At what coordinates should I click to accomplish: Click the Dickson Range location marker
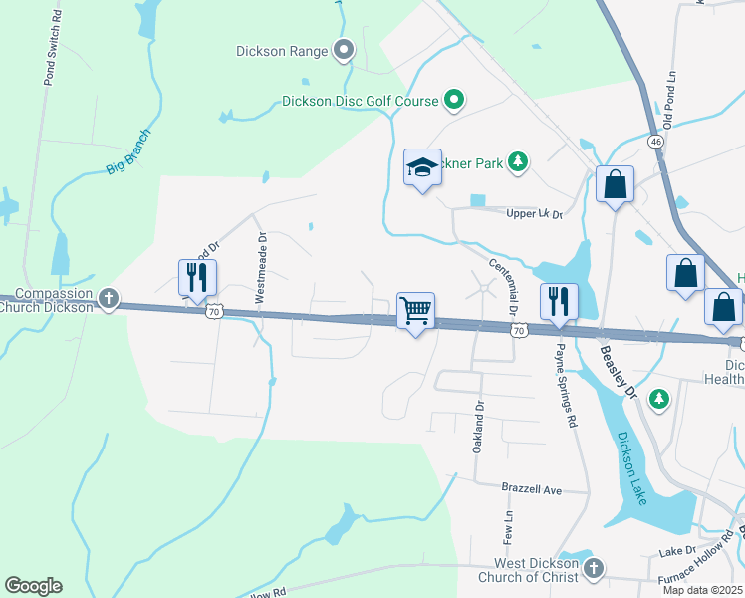pos(345,49)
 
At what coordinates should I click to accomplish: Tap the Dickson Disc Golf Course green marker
pos(454,100)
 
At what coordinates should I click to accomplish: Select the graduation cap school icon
pos(422,168)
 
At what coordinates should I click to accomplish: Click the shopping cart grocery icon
pos(415,310)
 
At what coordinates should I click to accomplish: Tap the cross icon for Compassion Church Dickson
pos(109,298)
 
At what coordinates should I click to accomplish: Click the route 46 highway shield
pos(655,143)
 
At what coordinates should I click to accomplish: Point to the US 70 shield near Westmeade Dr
pos(214,313)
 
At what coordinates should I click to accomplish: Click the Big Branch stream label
pos(129,152)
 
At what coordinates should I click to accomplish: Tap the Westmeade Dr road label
pos(261,268)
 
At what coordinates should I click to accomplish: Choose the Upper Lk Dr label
pos(534,214)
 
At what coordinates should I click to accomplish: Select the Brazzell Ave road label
pos(531,490)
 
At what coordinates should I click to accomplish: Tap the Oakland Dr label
pos(478,426)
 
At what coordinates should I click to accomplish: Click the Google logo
pos(33,586)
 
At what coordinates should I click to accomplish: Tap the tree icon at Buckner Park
pos(517,161)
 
